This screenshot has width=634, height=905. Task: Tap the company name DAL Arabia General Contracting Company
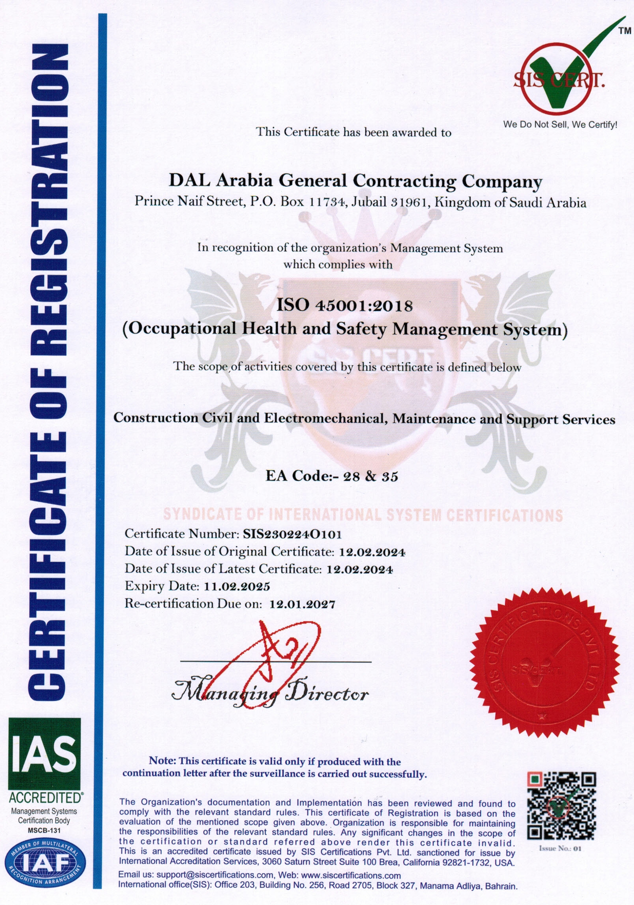point(356,181)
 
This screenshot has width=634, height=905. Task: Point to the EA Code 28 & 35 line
point(332,476)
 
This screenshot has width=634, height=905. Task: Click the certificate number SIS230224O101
point(292,534)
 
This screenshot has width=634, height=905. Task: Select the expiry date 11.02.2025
point(237,586)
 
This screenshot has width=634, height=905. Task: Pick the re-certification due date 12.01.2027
point(302,604)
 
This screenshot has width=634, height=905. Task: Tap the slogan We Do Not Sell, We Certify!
point(560,125)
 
